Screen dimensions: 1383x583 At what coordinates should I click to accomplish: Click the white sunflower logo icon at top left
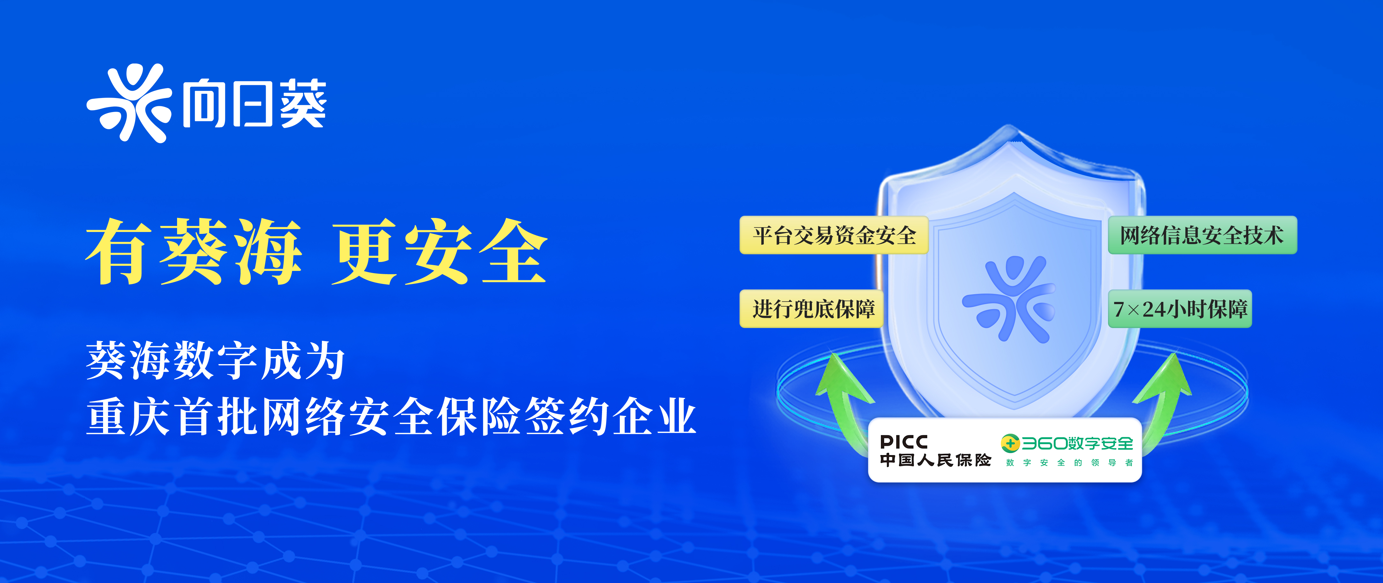click(129, 103)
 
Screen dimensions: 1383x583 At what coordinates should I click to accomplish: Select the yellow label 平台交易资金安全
click(834, 235)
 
